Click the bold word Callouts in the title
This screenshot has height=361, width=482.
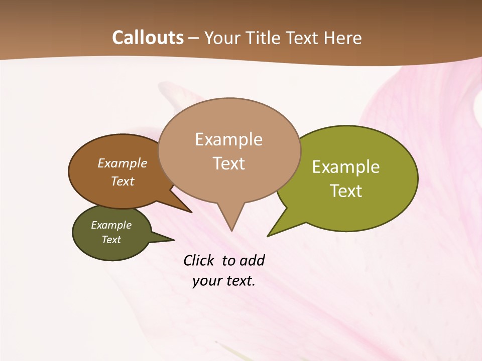point(148,38)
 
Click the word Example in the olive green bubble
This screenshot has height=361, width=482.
point(346,167)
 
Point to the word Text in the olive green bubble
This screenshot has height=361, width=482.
point(346,191)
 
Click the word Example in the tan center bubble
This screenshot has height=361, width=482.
point(228,139)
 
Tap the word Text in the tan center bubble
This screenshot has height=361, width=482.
point(228,163)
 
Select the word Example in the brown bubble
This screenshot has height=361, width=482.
point(122,163)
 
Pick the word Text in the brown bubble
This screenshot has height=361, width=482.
point(122,181)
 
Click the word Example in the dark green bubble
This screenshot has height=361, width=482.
point(111,225)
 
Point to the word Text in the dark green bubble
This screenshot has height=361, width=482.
point(111,240)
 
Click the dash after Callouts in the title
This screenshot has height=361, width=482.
point(194,38)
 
